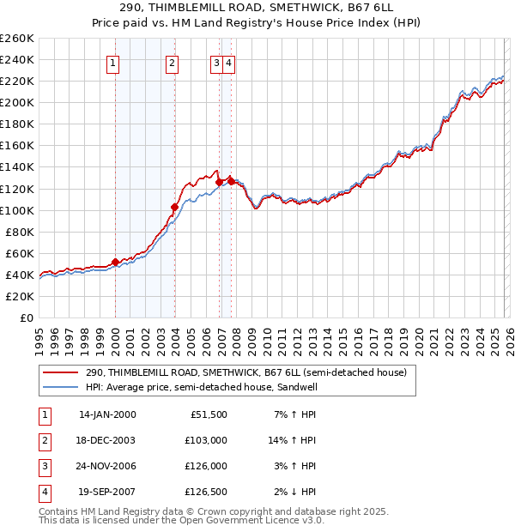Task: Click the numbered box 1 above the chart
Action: pyautogui.click(x=114, y=62)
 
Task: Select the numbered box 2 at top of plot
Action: pyautogui.click(x=173, y=62)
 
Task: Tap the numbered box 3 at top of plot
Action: pyautogui.click(x=217, y=62)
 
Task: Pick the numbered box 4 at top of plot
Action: pyautogui.click(x=230, y=62)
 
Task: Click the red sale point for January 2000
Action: pyautogui.click(x=115, y=262)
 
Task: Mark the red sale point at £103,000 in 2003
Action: pyautogui.click(x=174, y=207)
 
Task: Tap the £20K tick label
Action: pyautogui.click(x=20, y=296)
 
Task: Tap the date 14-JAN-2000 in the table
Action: pyautogui.click(x=106, y=414)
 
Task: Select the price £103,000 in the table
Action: pyautogui.click(x=206, y=440)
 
